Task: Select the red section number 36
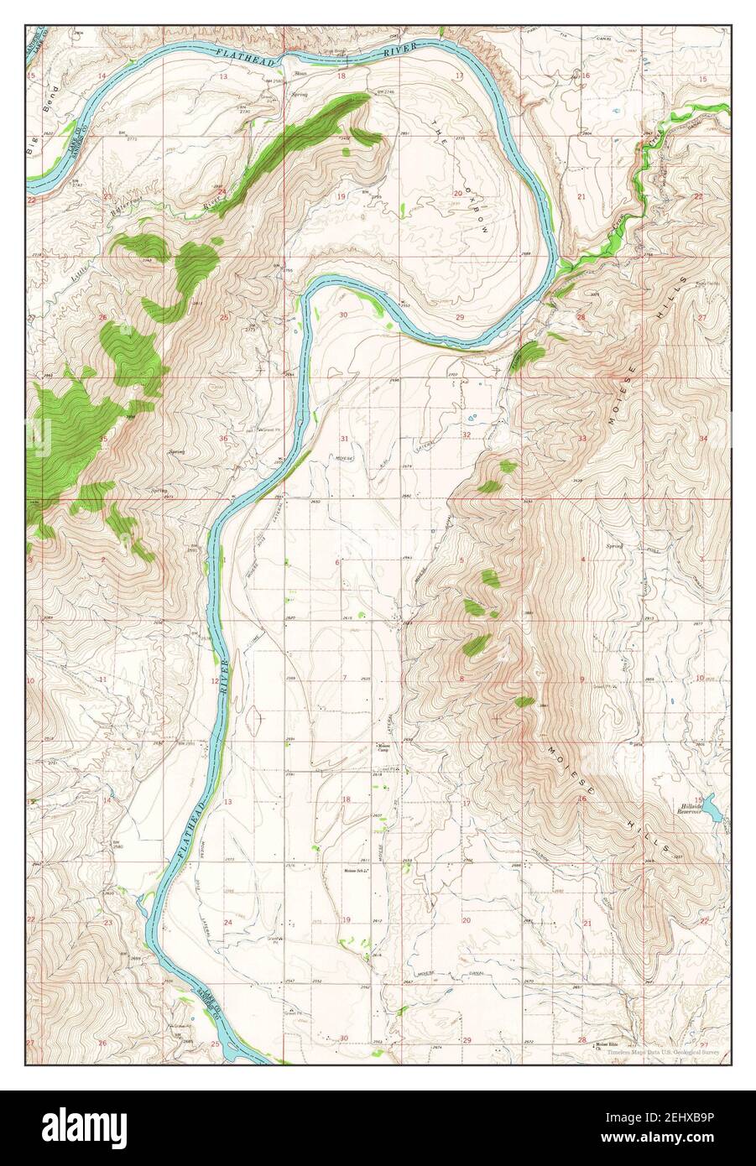224,439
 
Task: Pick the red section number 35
102,439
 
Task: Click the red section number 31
344,439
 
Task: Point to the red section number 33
581,439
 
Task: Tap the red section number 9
581,678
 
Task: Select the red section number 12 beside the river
215,681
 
